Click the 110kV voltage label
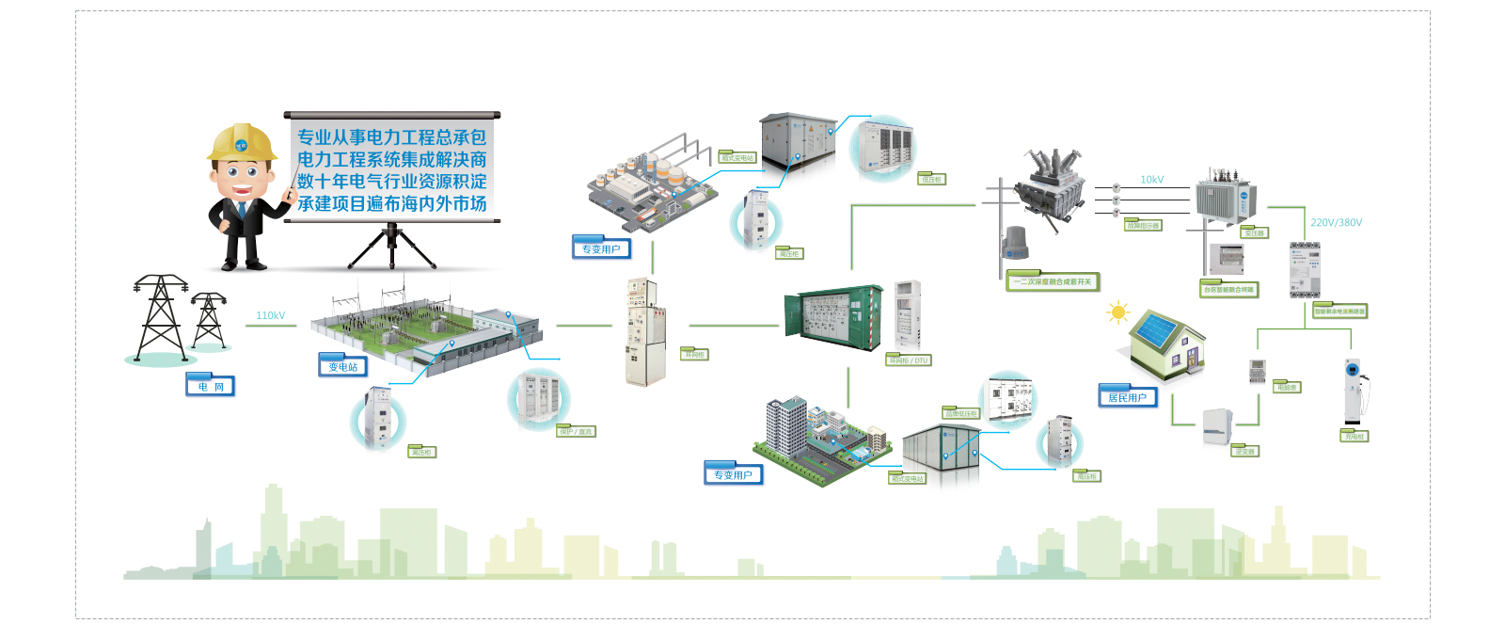coord(271,316)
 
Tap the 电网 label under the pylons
coord(211,387)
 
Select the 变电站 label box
coord(343,367)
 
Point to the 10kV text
coord(1152,180)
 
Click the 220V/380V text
coord(1336,223)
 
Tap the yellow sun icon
coord(1117,312)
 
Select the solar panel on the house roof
coord(1157,329)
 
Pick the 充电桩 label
coord(1354,437)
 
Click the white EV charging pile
coord(1354,391)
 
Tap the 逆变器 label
coord(1245,452)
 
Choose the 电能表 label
coord(1287,388)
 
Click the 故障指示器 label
coord(1144,226)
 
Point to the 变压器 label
coord(1254,233)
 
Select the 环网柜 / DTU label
coord(909,360)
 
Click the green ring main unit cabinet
coord(832,318)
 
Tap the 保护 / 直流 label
coord(576,432)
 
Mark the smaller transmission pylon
coord(208,320)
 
